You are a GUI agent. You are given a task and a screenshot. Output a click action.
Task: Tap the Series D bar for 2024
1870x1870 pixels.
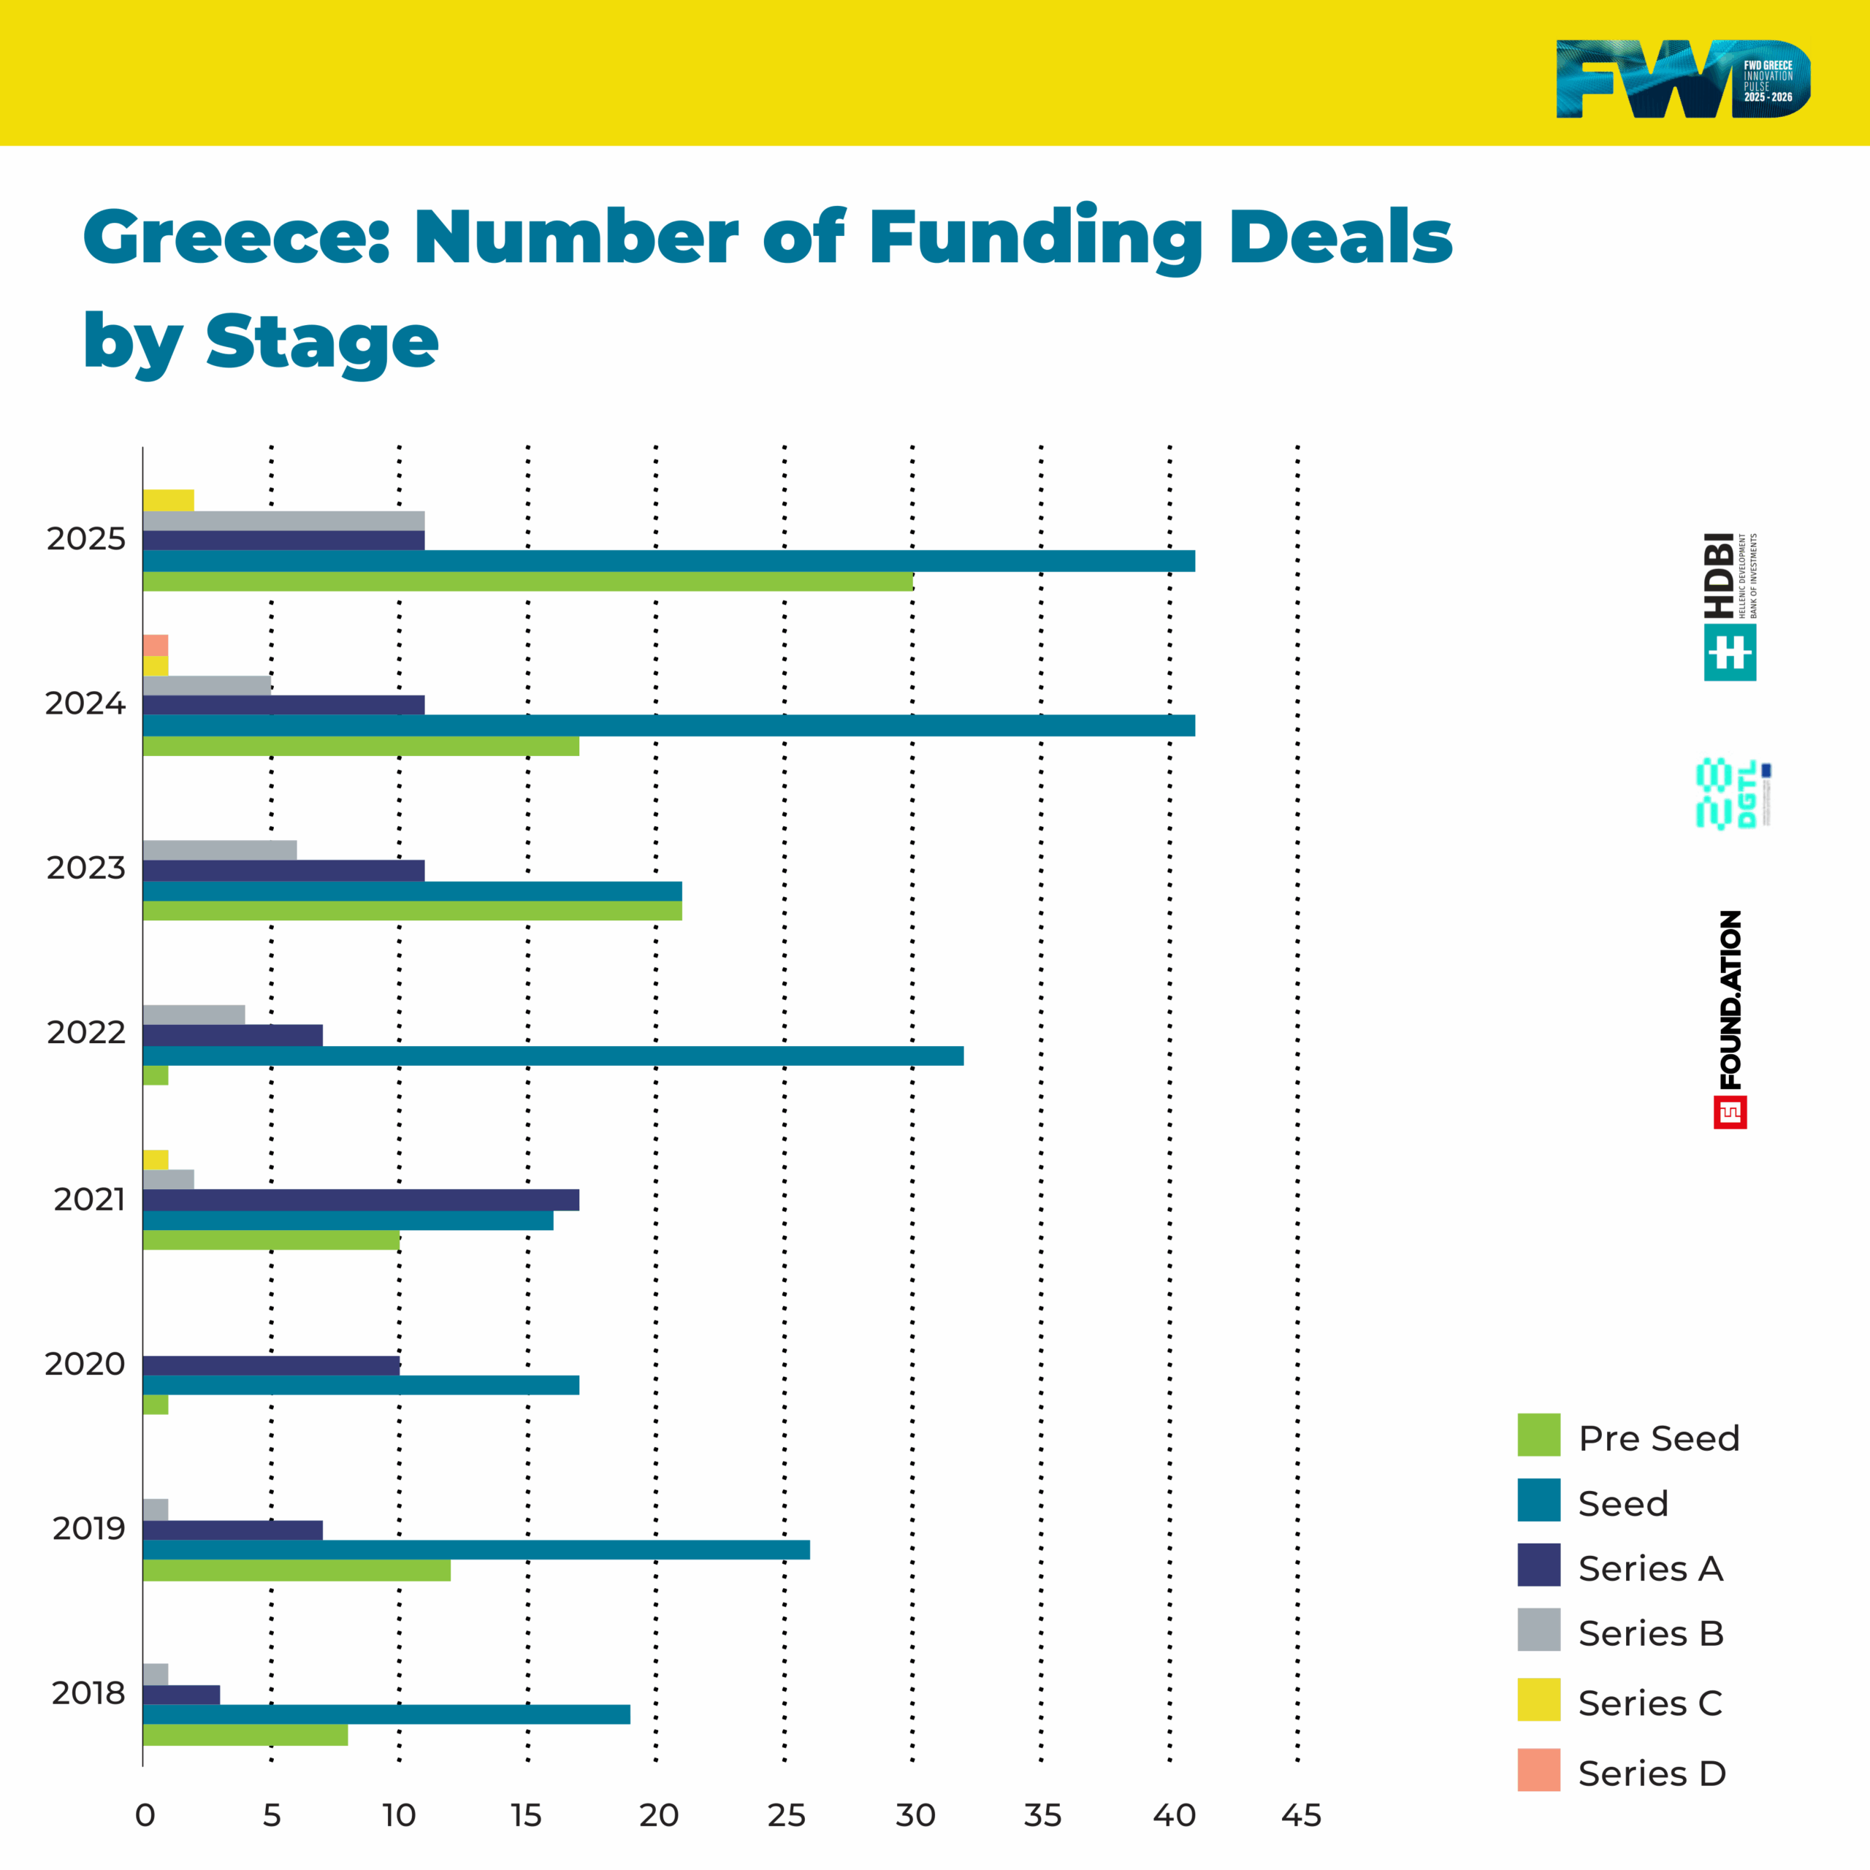pyautogui.click(x=155, y=644)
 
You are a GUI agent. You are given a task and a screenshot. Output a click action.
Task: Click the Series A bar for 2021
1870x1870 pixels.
pyautogui.click(x=360, y=1200)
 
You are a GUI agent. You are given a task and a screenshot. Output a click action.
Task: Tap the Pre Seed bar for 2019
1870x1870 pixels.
pyautogui.click(x=296, y=1570)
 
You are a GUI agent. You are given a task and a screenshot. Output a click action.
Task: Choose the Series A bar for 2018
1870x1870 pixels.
pyautogui.click(x=181, y=1695)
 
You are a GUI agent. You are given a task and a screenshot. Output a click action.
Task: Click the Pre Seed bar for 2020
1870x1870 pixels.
pyautogui.click(x=155, y=1405)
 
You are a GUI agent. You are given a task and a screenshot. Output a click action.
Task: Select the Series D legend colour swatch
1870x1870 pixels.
pyautogui.click(x=1538, y=1769)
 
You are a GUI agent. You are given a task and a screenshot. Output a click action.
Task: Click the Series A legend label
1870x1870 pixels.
pyautogui.click(x=1650, y=1568)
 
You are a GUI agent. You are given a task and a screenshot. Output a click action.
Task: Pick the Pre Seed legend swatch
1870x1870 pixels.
pyautogui.click(x=1538, y=1435)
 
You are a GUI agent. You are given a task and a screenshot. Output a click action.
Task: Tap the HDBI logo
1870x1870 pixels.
pyautogui.click(x=1730, y=607)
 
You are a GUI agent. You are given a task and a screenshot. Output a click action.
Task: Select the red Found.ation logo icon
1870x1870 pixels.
pyautogui.click(x=1730, y=1112)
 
